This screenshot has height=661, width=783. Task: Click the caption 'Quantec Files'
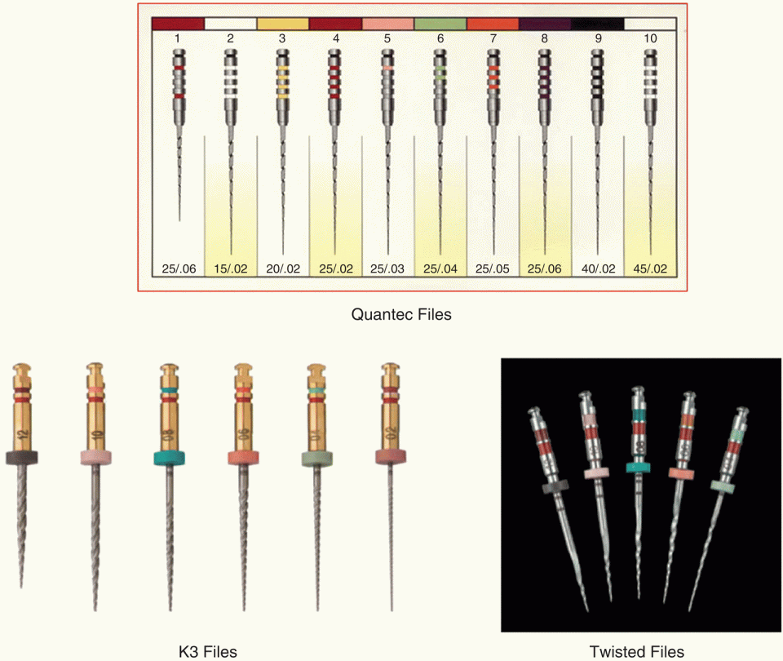(400, 313)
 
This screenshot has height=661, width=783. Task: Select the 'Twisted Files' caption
(637, 650)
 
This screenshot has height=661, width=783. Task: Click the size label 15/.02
(231, 268)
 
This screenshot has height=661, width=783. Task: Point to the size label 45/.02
(650, 268)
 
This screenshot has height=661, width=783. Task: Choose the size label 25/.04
(440, 268)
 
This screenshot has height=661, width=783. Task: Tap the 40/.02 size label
(598, 268)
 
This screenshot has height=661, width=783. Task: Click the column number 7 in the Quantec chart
(493, 38)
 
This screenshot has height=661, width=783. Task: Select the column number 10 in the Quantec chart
(650, 38)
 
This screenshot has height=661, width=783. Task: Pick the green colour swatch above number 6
(440, 24)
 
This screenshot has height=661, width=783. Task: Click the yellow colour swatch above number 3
(283, 24)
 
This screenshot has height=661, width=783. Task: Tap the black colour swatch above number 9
(598, 24)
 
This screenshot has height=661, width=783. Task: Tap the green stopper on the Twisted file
(720, 486)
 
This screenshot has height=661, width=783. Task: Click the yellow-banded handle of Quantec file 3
(283, 78)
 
